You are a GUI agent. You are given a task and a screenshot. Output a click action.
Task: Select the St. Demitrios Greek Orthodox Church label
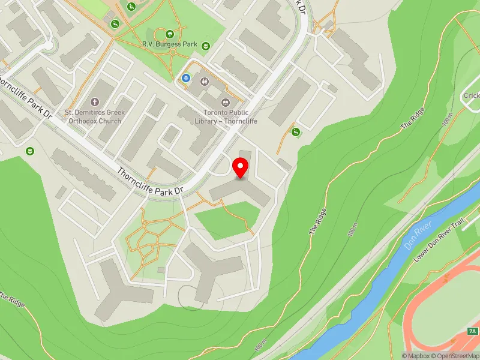[93, 116]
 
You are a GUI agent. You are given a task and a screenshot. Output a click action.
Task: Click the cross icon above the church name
[94, 102]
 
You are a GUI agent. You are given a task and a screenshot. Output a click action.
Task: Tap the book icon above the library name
[226, 102]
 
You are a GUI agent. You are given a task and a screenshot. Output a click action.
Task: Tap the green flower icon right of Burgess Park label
[206, 45]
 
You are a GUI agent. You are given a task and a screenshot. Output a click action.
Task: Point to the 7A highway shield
[472, 331]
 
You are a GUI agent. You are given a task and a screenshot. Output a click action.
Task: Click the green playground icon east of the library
[295, 132]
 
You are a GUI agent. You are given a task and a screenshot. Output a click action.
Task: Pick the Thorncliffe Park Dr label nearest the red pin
[150, 181]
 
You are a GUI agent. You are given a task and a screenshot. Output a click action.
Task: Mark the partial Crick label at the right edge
[470, 95]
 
